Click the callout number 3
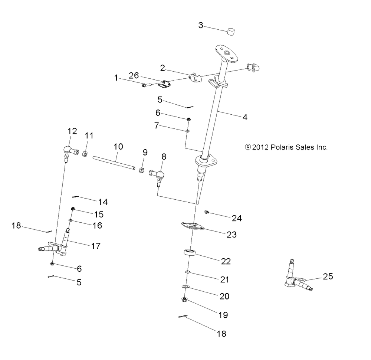pyautogui.click(x=201, y=25)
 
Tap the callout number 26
pyautogui.click(x=134, y=75)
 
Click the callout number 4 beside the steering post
pyautogui.click(x=244, y=117)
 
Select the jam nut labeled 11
pyautogui.click(x=85, y=154)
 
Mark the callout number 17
pyautogui.click(x=96, y=246)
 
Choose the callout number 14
pyautogui.click(x=103, y=202)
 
